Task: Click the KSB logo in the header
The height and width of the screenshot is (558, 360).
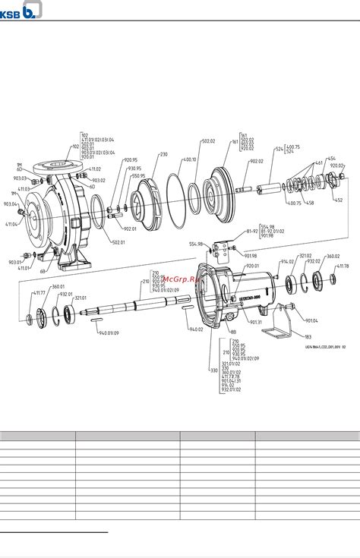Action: tap(21, 10)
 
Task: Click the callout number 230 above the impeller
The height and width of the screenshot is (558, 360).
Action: tap(163, 154)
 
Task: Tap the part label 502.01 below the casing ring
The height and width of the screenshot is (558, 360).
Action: tap(118, 242)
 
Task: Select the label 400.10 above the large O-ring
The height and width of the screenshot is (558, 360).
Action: tap(189, 159)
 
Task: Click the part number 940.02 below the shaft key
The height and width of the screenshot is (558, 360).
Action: tap(196, 329)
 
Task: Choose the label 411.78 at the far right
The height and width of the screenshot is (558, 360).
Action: tap(343, 266)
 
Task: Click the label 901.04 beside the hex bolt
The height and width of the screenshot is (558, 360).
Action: tap(311, 320)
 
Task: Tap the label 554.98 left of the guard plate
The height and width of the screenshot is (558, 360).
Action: tap(196, 244)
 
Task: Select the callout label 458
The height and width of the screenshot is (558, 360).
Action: tap(311, 203)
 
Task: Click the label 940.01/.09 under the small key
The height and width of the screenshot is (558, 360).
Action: tap(108, 333)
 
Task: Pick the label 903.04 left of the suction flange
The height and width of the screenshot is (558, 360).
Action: tap(10, 204)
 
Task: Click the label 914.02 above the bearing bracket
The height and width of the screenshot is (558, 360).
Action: tap(287, 261)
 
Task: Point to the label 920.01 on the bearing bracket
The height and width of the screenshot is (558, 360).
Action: tap(251, 266)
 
